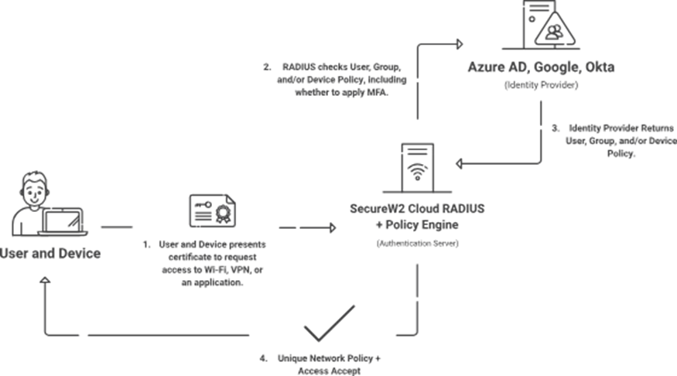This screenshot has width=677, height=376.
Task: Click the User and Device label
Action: [x=50, y=253]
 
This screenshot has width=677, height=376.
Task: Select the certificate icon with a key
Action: [x=211, y=209]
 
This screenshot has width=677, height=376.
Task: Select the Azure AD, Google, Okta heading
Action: [x=541, y=67]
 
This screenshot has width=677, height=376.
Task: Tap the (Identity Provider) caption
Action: [x=541, y=84]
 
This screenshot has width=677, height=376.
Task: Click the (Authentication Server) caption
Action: [x=418, y=244]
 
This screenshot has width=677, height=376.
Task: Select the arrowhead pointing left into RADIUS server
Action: [x=460, y=163]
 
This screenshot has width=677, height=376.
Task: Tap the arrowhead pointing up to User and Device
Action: [x=45, y=284]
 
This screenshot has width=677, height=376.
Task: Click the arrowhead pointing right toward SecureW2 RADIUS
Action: [x=333, y=227]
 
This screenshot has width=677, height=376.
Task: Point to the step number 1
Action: [x=145, y=243]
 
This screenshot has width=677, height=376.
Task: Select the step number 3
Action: [x=555, y=128]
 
